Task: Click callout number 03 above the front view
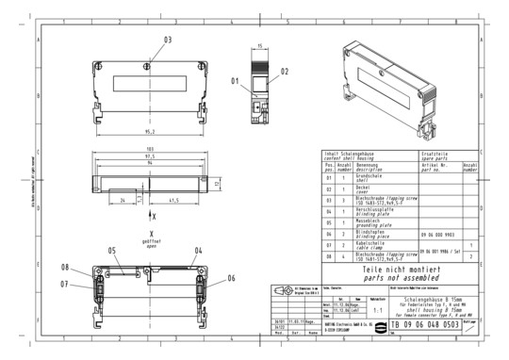(168, 40)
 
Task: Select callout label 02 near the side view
(284, 72)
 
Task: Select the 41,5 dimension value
(177, 201)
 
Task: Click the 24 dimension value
(124, 201)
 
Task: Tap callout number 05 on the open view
(110, 251)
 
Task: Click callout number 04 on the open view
(199, 251)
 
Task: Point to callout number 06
(231, 278)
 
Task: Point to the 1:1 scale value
(378, 307)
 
